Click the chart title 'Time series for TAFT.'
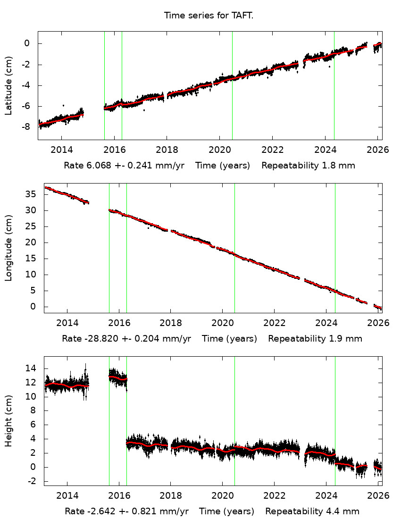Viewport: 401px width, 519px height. click(209, 16)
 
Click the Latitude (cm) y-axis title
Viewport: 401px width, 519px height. click(9, 85)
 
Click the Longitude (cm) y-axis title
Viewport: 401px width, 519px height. click(9, 248)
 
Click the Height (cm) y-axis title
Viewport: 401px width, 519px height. click(9, 421)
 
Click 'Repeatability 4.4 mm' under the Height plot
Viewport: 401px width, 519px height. click(312, 511)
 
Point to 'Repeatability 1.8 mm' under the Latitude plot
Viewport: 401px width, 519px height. click(308, 166)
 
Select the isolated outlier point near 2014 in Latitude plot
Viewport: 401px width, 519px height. click(63, 106)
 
